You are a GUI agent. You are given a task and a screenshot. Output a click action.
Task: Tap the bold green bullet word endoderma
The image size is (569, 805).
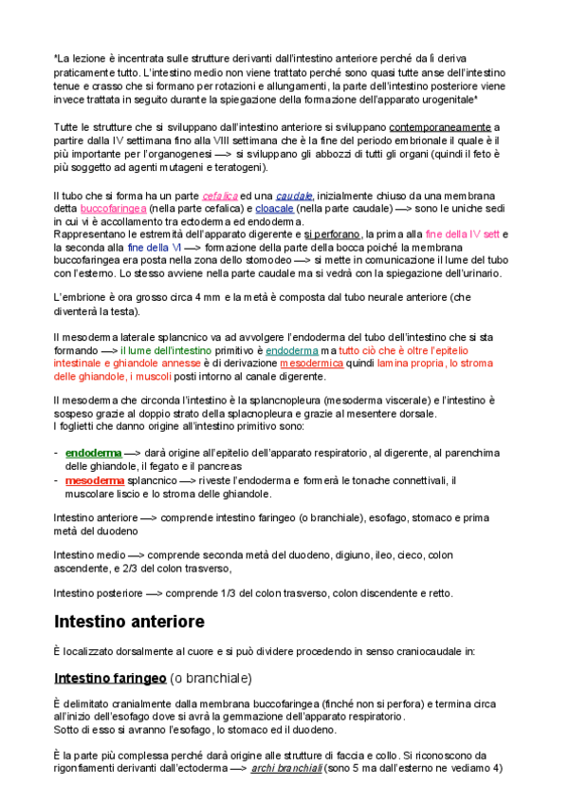93,454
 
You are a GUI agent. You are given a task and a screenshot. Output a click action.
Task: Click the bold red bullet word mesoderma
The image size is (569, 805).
96,480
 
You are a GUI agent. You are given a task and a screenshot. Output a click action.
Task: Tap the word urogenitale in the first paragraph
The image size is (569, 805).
441,99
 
